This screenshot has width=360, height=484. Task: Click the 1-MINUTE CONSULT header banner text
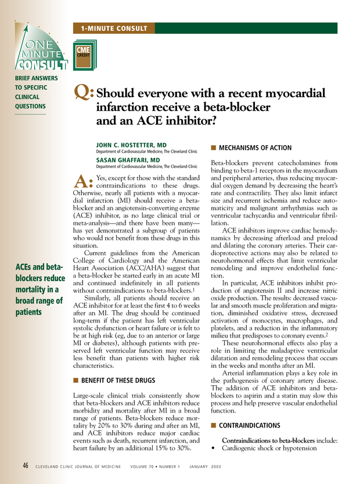click(114, 28)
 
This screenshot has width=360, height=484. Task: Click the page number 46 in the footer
click(26, 465)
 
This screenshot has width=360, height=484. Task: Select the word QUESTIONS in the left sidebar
click(31, 106)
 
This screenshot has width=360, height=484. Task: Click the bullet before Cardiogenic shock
click(214, 449)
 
